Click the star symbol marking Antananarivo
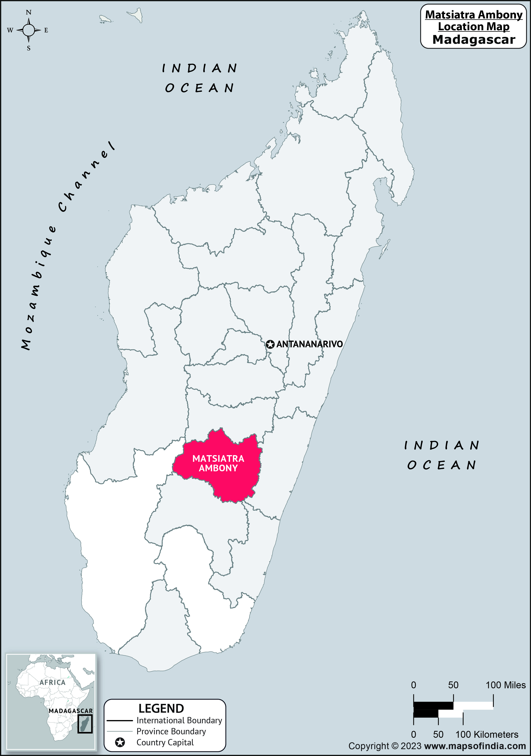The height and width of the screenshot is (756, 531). [270, 344]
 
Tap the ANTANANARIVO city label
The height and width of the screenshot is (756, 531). [310, 344]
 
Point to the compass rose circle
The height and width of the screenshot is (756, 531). [29, 30]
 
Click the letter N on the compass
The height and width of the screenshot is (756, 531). [29, 13]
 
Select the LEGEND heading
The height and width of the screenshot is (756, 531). [161, 708]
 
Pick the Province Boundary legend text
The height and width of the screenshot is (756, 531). [171, 731]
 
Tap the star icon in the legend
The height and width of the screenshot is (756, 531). [120, 742]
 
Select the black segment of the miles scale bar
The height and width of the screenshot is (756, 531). [433, 706]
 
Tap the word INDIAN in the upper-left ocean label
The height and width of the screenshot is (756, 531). [199, 68]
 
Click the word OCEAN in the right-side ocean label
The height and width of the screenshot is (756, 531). [442, 465]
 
